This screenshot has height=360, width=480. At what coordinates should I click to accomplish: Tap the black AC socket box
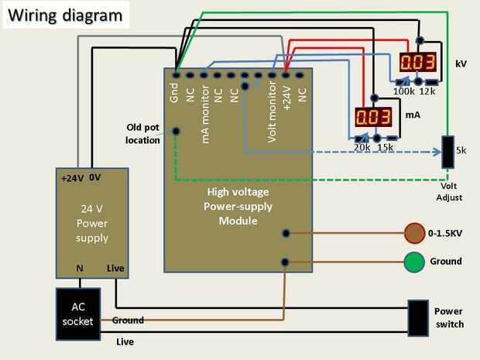click(x=78, y=313)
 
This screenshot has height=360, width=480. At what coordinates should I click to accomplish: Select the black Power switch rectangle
click(x=419, y=317)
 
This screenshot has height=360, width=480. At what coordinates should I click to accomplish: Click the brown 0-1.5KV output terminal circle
click(x=414, y=231)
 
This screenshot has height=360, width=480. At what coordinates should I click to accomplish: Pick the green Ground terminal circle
click(x=414, y=262)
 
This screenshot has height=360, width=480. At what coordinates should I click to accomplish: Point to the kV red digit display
click(x=417, y=62)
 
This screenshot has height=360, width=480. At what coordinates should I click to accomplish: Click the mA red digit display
click(x=372, y=117)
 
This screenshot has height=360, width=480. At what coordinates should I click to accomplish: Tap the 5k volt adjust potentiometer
click(x=447, y=152)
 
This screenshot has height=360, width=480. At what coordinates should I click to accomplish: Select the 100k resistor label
click(x=404, y=92)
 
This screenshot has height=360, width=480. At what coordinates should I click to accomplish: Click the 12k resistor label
click(x=428, y=92)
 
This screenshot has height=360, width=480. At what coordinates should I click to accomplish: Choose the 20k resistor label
click(x=362, y=147)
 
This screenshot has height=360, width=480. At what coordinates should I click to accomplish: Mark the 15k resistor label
click(x=385, y=147)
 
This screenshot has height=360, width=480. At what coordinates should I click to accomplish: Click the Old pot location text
click(x=142, y=133)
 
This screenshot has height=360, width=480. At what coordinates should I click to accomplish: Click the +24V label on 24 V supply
click(x=72, y=177)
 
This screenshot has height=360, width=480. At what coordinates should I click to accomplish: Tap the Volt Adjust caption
click(x=450, y=192)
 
